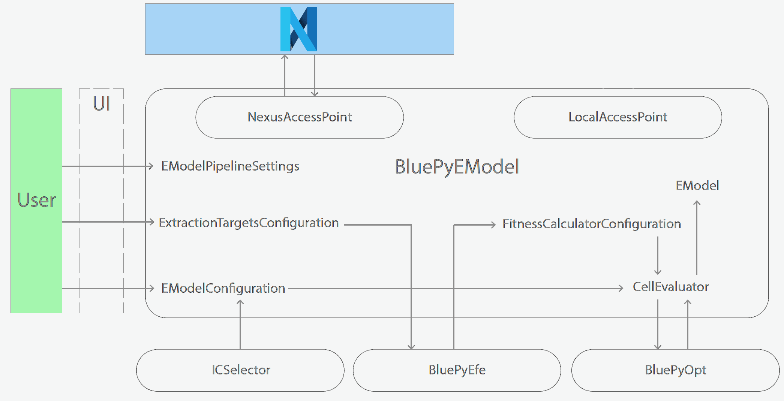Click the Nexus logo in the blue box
(x=299, y=29)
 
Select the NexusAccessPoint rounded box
(x=299, y=117)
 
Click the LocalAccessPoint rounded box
(x=618, y=117)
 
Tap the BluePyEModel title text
(x=457, y=167)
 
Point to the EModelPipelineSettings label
(x=230, y=166)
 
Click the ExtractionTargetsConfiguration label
(x=249, y=223)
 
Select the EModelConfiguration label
(x=223, y=288)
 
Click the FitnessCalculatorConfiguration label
(x=591, y=224)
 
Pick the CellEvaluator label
(x=670, y=287)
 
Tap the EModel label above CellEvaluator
(x=697, y=186)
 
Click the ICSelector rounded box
(x=240, y=370)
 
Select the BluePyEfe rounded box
(x=457, y=370)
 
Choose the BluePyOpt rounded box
(x=675, y=370)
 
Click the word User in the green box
(x=37, y=200)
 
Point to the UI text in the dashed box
(x=102, y=104)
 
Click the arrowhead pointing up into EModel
(x=697, y=203)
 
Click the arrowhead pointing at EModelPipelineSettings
(x=151, y=166)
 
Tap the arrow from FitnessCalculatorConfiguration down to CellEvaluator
(x=658, y=255)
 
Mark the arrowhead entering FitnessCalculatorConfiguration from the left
(x=493, y=225)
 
